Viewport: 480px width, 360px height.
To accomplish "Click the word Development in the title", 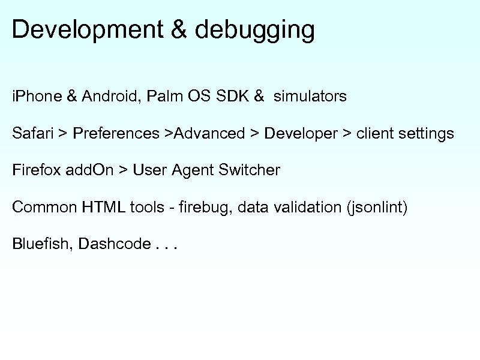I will coord(87,30).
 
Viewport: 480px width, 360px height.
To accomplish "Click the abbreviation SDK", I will coord(231,96).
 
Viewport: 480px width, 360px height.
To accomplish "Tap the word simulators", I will coord(310,96).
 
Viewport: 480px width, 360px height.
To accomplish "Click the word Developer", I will coord(301,133).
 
